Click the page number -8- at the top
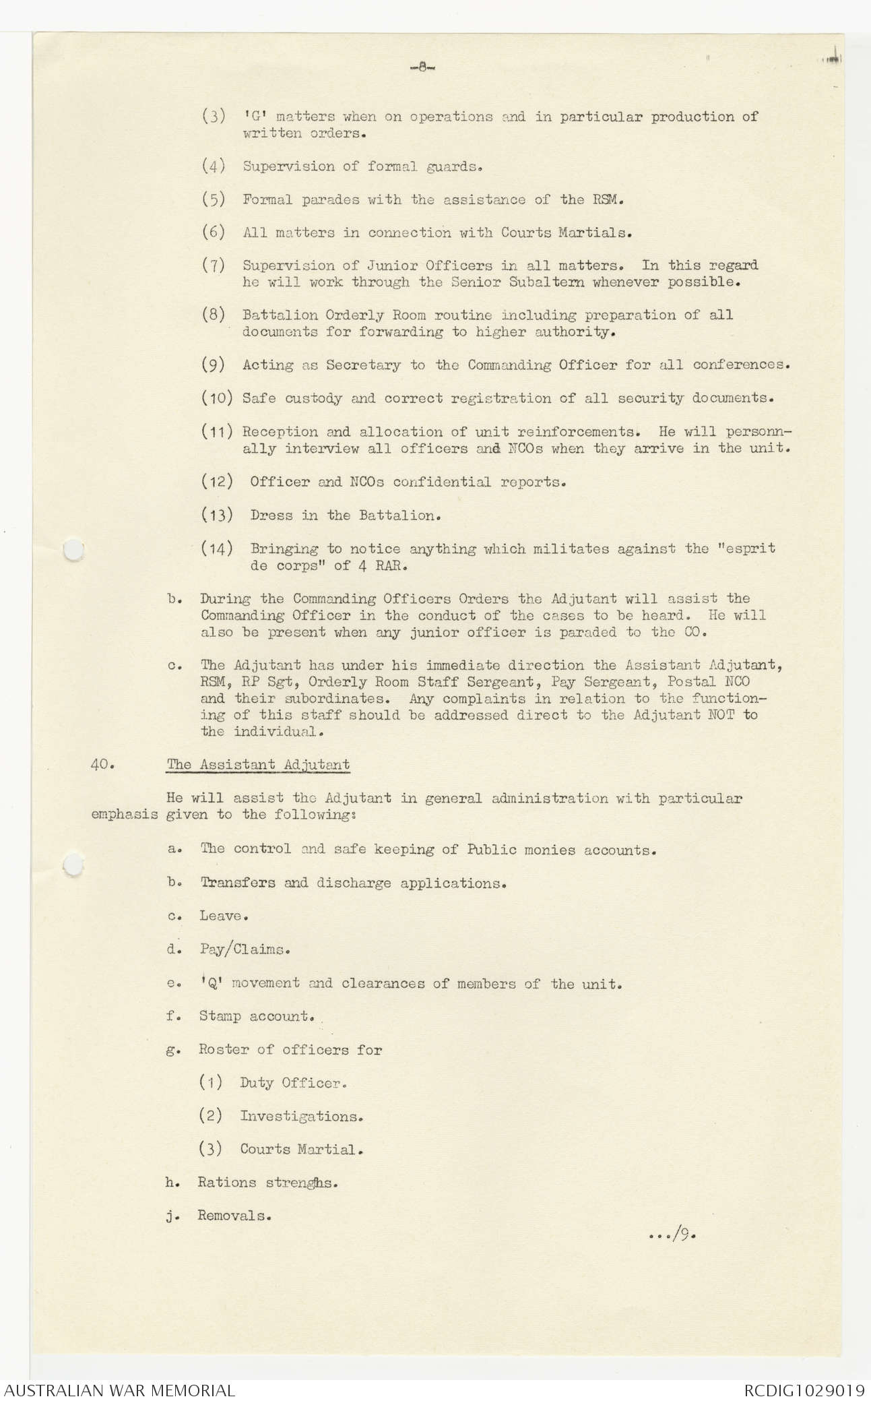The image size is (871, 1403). click(423, 67)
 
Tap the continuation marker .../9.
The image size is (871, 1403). click(670, 1236)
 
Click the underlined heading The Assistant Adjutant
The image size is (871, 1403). click(258, 765)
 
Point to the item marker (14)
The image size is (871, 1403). click(217, 549)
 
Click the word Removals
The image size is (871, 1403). click(234, 1216)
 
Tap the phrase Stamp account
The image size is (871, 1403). click(256, 1016)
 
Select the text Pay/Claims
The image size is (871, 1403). click(245, 949)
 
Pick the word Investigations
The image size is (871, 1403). click(301, 1116)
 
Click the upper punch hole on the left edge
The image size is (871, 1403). click(72, 551)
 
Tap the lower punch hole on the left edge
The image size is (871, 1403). click(73, 865)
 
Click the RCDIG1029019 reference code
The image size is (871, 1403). click(804, 1390)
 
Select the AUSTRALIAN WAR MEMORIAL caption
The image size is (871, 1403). click(121, 1390)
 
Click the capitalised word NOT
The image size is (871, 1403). click(721, 714)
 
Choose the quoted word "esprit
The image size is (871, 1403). click(747, 549)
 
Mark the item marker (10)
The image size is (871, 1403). click(217, 398)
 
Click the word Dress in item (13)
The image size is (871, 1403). click(271, 516)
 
